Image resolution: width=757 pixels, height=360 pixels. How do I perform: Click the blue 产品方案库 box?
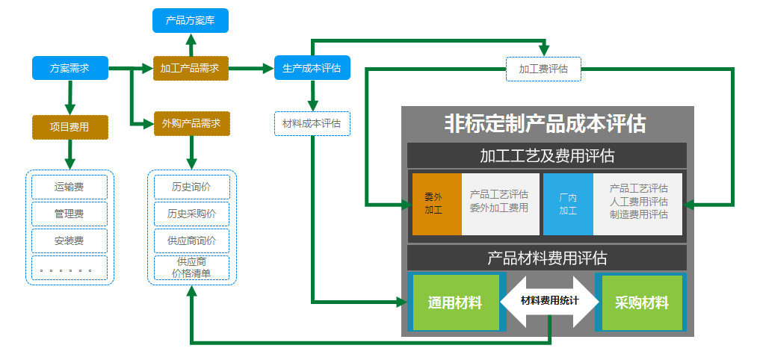[x=191, y=20]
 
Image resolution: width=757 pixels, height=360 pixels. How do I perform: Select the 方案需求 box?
[x=70, y=68]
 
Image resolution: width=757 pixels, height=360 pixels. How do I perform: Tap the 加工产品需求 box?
[x=191, y=68]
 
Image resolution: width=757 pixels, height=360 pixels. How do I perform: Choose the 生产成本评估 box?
[x=312, y=68]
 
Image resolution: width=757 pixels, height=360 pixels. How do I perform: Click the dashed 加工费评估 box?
[x=543, y=69]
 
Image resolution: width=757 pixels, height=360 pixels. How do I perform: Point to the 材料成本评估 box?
[x=312, y=123]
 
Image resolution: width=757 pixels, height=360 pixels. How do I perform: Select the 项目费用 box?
[x=70, y=127]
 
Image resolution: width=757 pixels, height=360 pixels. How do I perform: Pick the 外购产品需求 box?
[x=191, y=123]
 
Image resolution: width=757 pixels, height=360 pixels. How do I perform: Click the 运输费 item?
[x=69, y=187]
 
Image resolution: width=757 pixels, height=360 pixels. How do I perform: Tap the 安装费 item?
[x=69, y=240]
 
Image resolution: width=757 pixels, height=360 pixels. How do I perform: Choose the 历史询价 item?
[x=191, y=187]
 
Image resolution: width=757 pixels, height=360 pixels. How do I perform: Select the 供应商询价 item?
[x=191, y=240]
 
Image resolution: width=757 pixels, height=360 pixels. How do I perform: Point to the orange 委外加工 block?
[x=436, y=203]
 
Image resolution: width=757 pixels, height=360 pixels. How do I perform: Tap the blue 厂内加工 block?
[x=568, y=203]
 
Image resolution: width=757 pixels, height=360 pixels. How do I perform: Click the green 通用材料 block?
[x=455, y=302]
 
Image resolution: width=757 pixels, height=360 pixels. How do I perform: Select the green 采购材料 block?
[x=641, y=302]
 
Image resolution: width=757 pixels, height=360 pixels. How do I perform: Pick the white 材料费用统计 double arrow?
[x=549, y=302]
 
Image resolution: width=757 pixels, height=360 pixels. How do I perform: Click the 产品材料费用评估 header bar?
[x=546, y=258]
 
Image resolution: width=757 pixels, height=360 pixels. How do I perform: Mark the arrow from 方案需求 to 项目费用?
[x=70, y=96]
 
